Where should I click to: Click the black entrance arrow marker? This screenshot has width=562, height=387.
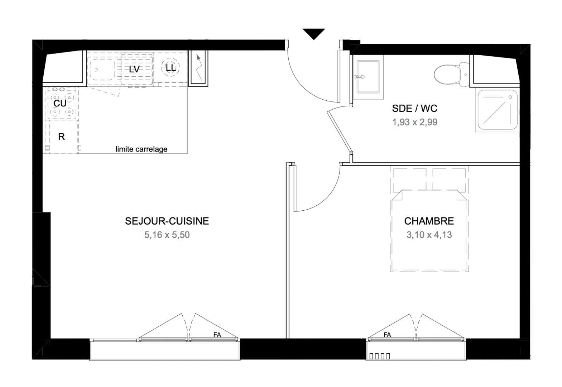(313, 33)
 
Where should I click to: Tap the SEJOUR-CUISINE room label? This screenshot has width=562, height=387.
(167, 221)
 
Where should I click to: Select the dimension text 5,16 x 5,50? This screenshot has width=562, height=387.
(167, 235)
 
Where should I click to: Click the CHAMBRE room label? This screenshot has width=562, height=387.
(429, 221)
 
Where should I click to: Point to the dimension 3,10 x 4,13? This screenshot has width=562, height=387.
(429, 235)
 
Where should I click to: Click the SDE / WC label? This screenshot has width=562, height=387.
(414, 108)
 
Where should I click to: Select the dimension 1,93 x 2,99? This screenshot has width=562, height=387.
(414, 122)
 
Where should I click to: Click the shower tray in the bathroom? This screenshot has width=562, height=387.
(496, 110)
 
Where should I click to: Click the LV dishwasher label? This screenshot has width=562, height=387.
(134, 69)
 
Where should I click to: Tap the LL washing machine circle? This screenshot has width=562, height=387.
(171, 67)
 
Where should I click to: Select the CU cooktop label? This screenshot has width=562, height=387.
(60, 104)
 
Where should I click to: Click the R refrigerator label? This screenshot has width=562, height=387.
(61, 137)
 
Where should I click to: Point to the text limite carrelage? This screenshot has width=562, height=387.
(141, 149)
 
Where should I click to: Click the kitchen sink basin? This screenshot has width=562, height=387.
(101, 70)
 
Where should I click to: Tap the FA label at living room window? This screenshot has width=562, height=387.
(217, 335)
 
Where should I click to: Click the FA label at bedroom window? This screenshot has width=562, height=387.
(387, 335)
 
